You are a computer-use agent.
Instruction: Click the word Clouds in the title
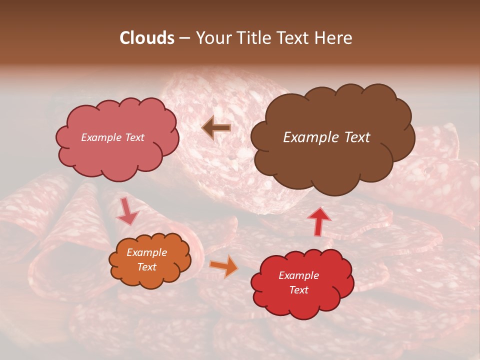tap(147, 38)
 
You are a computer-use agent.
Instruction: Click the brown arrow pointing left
tap(216, 127)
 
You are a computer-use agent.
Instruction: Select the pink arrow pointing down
tap(127, 210)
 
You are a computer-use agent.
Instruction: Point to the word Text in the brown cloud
tap(357, 137)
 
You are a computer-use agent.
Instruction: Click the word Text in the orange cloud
tap(146, 267)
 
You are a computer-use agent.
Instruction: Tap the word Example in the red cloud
tap(298, 275)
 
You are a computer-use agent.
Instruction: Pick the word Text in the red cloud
tap(298, 290)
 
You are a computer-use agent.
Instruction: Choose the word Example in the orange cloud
tap(146, 252)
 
